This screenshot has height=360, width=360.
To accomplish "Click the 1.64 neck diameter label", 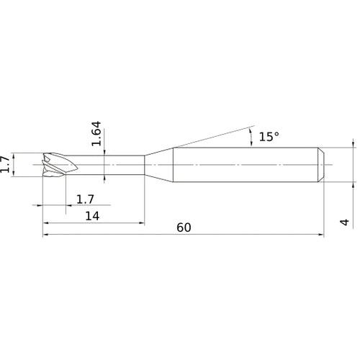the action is pyautogui.click(x=96, y=134).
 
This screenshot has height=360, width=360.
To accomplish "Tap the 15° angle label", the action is pyautogui.click(x=269, y=137).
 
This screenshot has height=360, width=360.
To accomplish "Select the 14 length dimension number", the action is pyautogui.click(x=92, y=216).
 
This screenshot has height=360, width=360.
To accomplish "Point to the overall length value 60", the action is pyautogui.click(x=184, y=228).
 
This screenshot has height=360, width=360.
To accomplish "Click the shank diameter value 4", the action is pyautogui.click(x=345, y=222).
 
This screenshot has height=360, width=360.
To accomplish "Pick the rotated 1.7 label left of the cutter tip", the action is pyautogui.click(x=5, y=164).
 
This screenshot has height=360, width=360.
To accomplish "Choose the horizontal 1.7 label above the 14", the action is pyautogui.click(x=85, y=199).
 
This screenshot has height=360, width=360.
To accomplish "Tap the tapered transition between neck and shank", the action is pyautogui.click(x=159, y=165).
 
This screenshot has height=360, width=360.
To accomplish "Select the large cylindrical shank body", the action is pyautogui.click(x=246, y=165).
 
